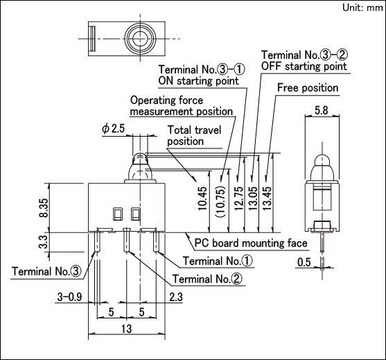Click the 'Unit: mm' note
tap(362, 8)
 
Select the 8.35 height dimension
tap(44, 207)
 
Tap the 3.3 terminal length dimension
tap(43, 242)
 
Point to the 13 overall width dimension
tap(127, 329)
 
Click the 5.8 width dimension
tap(322, 110)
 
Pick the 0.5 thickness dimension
tap(304, 262)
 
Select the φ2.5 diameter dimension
tap(114, 128)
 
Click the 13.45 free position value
tap(267, 198)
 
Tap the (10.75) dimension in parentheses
tap(220, 202)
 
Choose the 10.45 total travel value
tap(203, 198)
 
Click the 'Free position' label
tap(308, 87)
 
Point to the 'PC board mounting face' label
tap(251, 243)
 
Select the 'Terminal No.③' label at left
tap(46, 271)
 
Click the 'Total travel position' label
tap(194, 135)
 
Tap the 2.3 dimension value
tap(176, 297)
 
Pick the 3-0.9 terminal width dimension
tap(69, 297)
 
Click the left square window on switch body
tap(118, 214)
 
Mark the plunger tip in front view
tap(140, 154)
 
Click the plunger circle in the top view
tap(140, 38)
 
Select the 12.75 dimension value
tap(239, 198)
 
